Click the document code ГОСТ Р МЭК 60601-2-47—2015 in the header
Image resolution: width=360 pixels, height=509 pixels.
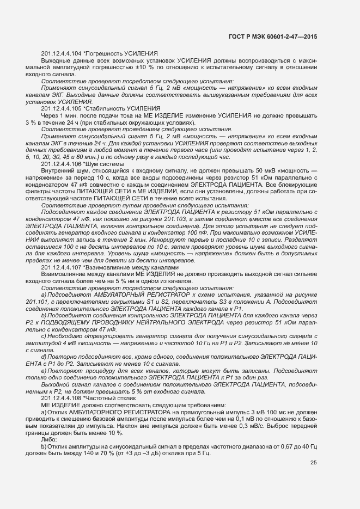pos(276,36)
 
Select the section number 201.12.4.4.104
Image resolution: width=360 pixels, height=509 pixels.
pos(61,53)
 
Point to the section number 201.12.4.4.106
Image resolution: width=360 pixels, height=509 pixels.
pos(61,164)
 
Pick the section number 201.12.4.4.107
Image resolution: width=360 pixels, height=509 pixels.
pos(61,268)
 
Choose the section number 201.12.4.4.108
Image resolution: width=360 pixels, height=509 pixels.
pos(61,398)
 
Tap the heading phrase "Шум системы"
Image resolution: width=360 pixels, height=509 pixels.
pos(103,164)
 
